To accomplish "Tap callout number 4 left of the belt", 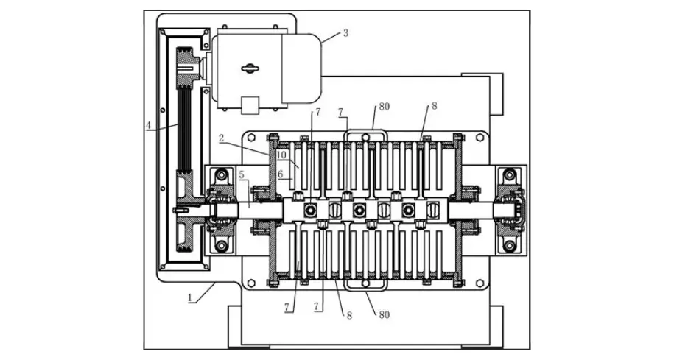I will [x=149, y=126].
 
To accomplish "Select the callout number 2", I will [x=221, y=138].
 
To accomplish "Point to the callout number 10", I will [x=281, y=155].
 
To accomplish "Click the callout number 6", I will [x=281, y=174].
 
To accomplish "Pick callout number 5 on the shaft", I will [x=242, y=176].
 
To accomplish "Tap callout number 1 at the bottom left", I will [x=190, y=299].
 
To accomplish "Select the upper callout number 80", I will [x=385, y=107].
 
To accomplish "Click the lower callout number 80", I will [x=384, y=315].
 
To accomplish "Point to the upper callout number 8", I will [x=434, y=106].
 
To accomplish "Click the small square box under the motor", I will [x=250, y=105].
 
